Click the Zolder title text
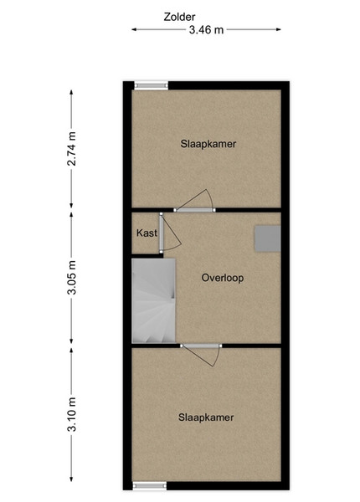click(179, 17)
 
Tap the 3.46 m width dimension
click(206, 30)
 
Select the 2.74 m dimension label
click(72, 149)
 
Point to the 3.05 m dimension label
click(72, 277)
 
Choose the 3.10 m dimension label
click(72, 414)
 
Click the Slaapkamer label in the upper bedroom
click(208, 144)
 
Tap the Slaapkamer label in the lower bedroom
click(206, 417)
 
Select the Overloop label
click(222, 278)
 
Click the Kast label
click(147, 233)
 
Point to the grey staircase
click(154, 300)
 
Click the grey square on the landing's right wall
click(268, 238)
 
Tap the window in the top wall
click(151, 85)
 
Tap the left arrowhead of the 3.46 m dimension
click(134, 29)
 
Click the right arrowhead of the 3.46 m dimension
click(278, 29)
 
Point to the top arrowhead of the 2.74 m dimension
click(71, 92)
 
